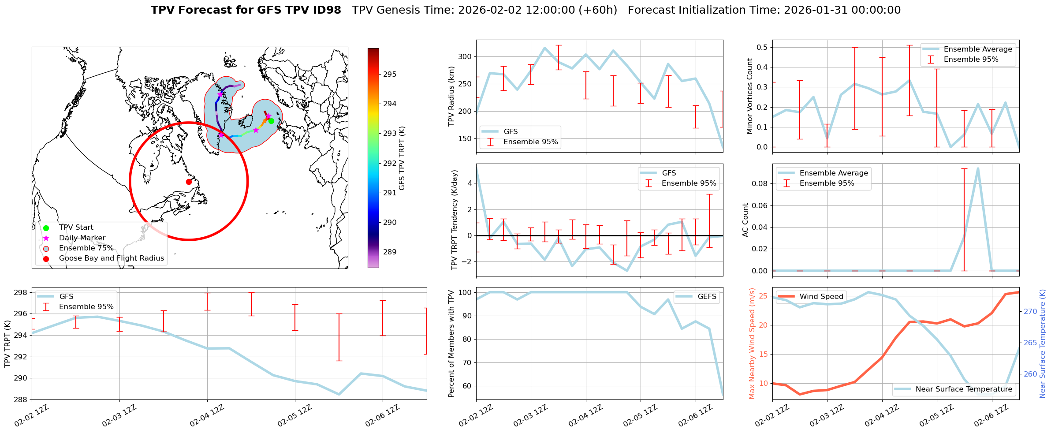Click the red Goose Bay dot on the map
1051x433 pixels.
pyautogui.click(x=189, y=182)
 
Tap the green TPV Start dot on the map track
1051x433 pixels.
pyautogui.click(x=271, y=121)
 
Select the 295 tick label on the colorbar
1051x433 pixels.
pyautogui.click(x=390, y=74)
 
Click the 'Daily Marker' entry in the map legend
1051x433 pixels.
pyautogui.click(x=82, y=238)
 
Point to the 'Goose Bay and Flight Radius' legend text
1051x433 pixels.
pyautogui.click(x=111, y=258)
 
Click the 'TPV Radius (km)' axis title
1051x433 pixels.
pyautogui.click(x=451, y=96)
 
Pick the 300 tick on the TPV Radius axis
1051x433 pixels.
pyautogui.click(x=466, y=57)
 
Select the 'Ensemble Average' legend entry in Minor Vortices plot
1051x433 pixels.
pyautogui.click(x=977, y=49)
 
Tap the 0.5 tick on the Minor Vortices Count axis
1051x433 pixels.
pyautogui.click(x=762, y=47)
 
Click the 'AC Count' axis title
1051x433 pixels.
pyautogui.click(x=745, y=220)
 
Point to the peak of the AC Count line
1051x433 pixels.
pyautogui.click(x=978, y=168)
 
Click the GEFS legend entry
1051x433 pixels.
pyautogui.click(x=707, y=297)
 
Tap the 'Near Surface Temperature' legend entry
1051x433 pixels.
pyautogui.click(x=963, y=389)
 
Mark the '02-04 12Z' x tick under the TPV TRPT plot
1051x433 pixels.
pyautogui.click(x=207, y=416)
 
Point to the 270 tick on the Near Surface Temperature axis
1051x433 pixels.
pyautogui.click(x=1030, y=311)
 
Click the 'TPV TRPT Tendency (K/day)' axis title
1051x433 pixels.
pyautogui.click(x=455, y=220)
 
